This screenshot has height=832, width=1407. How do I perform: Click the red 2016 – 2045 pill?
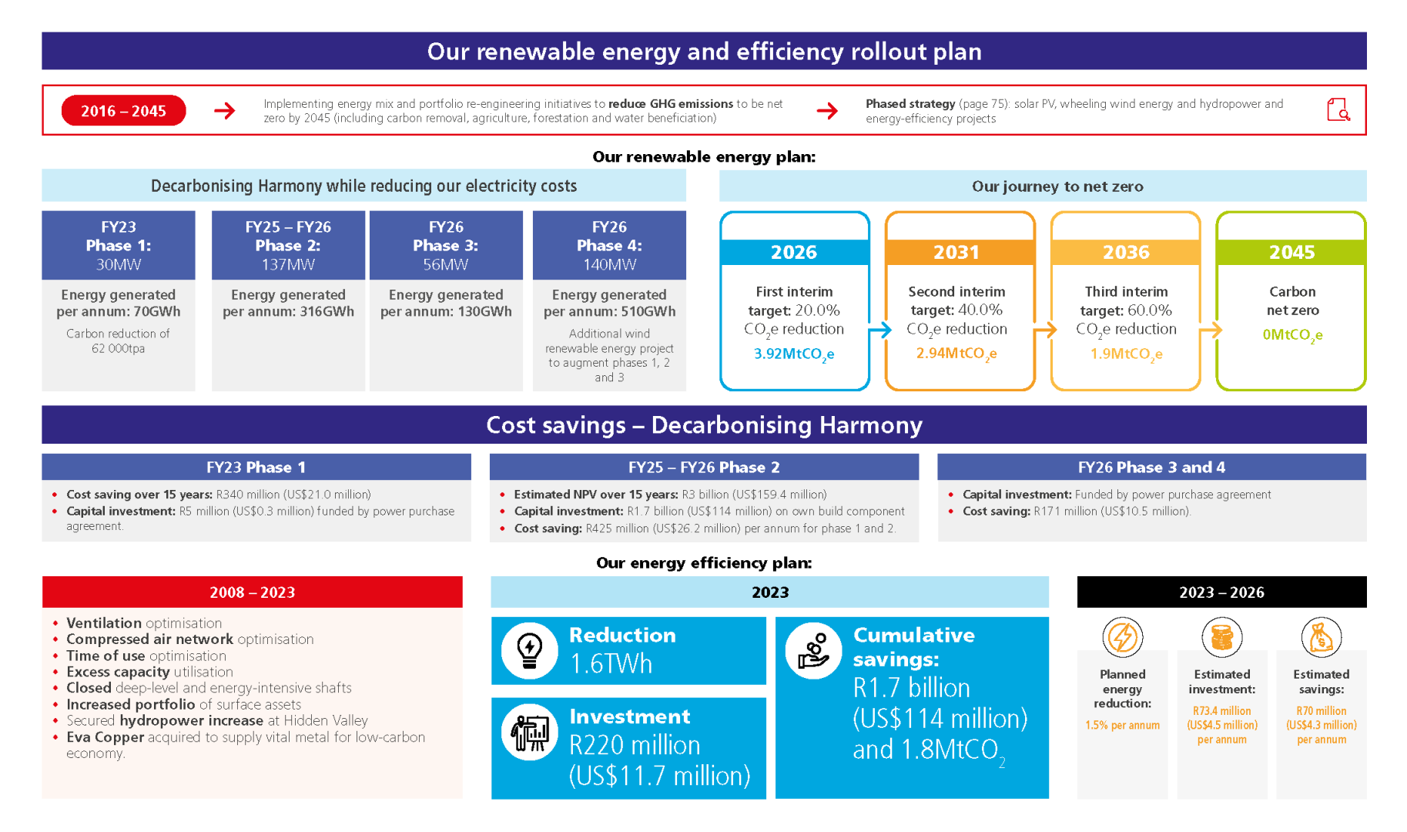tap(123, 111)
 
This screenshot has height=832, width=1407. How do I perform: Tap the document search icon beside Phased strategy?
tap(1338, 110)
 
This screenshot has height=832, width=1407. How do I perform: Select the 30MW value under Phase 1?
tap(118, 264)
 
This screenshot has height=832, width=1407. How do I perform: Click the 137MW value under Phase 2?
tap(288, 264)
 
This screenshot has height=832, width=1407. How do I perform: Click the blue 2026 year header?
tap(794, 252)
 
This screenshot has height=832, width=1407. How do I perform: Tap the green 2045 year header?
tap(1291, 252)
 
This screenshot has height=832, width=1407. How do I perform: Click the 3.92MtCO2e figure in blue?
tap(793, 354)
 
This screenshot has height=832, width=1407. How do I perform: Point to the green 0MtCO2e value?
tap(1292, 335)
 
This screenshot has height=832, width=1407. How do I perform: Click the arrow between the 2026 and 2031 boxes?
tap(879, 330)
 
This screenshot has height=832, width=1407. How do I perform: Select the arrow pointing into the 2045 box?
tap(1210, 330)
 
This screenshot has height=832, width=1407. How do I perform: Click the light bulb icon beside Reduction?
tap(530, 651)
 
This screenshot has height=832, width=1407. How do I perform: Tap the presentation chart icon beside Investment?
tap(530, 733)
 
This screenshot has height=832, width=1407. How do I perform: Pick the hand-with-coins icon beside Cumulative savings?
tap(813, 651)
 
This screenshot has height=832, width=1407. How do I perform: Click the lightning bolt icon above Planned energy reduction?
tap(1122, 637)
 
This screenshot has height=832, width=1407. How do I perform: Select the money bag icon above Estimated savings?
tap(1321, 637)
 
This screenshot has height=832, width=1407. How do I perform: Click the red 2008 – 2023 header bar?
tap(252, 592)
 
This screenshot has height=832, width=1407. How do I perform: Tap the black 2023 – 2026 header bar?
tap(1221, 592)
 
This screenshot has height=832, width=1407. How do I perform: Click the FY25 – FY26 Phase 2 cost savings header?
tap(704, 467)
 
